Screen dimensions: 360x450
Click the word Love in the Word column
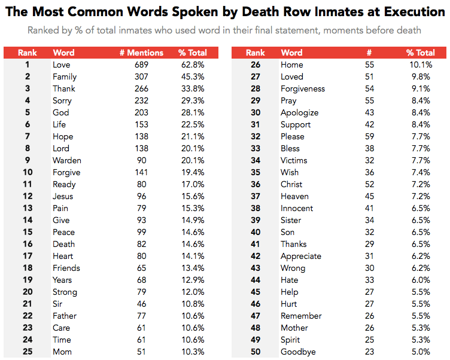click(62, 65)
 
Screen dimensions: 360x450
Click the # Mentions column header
click(141, 53)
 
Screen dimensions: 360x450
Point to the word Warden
click(67, 160)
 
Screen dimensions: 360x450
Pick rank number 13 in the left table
click(28, 208)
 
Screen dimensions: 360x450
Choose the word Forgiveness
click(303, 89)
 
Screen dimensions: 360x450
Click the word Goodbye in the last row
click(299, 352)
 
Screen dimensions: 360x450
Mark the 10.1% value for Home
click(421, 65)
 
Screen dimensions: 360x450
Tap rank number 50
click(256, 352)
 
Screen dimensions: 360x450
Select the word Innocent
click(297, 208)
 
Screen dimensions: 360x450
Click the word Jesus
click(63, 196)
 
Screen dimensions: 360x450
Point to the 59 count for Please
click(369, 136)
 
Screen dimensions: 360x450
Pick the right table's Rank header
click(256, 53)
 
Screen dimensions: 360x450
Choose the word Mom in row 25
click(62, 352)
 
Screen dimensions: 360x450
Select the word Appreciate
click(301, 256)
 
